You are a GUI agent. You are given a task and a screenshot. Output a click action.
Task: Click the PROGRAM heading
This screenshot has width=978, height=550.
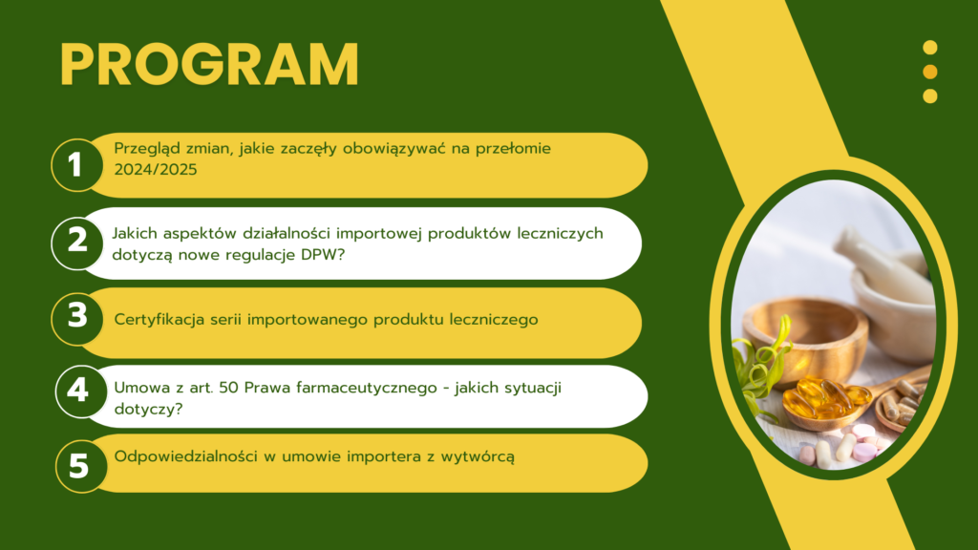click(209, 65)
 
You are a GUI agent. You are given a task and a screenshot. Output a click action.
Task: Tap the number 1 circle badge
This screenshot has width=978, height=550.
click(77, 165)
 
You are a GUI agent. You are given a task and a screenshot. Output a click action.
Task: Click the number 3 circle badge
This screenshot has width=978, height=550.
click(77, 319)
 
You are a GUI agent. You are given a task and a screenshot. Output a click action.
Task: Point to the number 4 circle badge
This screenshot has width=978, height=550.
click(80, 391)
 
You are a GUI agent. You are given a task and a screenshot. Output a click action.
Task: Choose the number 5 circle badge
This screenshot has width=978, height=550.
click(80, 466)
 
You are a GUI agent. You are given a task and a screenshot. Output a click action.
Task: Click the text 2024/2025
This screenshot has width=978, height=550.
click(156, 170)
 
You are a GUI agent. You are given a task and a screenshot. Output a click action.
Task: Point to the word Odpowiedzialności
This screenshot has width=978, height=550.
click(186, 456)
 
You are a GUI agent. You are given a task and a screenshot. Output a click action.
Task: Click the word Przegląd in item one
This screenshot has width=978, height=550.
click(145, 149)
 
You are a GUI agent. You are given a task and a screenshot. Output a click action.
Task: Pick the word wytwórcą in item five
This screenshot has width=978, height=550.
click(478, 457)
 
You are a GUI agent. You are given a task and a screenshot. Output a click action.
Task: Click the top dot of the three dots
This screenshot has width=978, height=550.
click(930, 48)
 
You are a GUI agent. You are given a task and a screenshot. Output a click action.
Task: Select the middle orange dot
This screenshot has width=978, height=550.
click(930, 72)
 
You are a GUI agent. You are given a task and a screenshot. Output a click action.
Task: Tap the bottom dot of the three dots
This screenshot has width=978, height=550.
click(930, 96)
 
